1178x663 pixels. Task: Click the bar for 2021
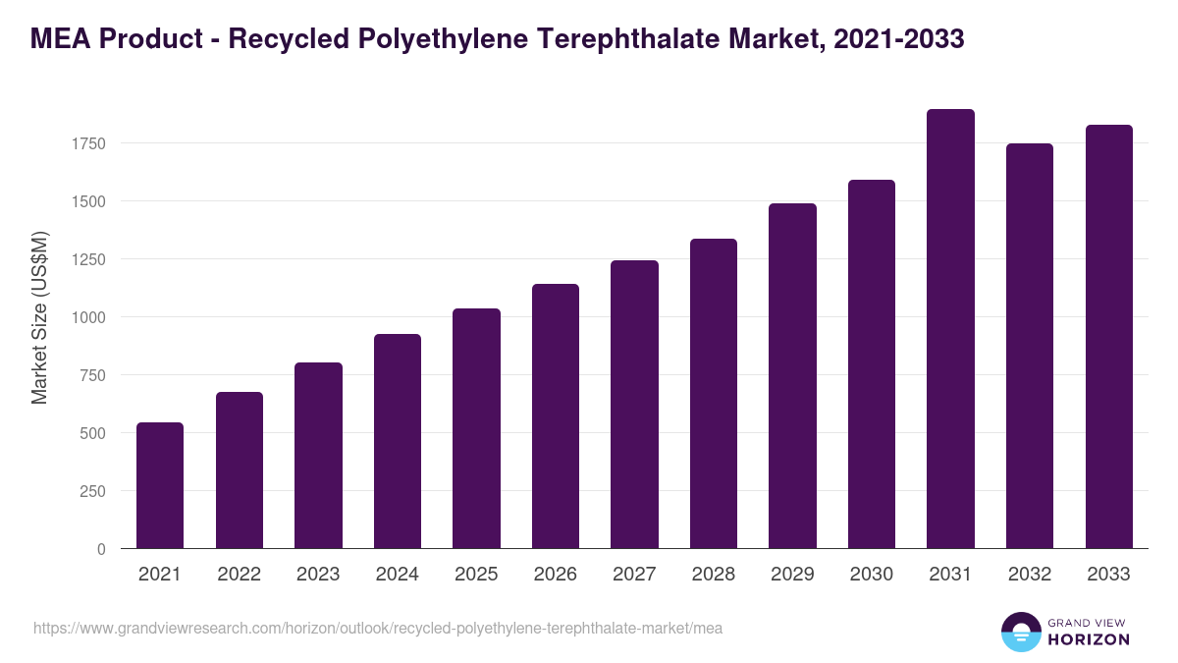(160, 485)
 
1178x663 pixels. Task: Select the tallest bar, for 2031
(950, 329)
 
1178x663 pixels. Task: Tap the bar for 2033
(1108, 337)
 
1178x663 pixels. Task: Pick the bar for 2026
(556, 416)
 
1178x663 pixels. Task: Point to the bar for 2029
(792, 376)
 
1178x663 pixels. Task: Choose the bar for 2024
(398, 441)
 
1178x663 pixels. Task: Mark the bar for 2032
(1030, 346)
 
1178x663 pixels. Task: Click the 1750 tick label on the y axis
(87, 143)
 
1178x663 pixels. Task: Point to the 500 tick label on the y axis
(91, 433)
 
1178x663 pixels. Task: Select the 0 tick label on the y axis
(101, 549)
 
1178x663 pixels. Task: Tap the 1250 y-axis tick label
(87, 259)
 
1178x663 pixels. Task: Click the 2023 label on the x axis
(318, 575)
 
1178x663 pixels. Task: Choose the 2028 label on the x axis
(714, 575)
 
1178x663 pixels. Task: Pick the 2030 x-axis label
(872, 575)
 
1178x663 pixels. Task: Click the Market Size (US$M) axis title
(40, 317)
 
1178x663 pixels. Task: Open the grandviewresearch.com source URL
(378, 628)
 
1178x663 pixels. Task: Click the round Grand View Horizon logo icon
(1021, 632)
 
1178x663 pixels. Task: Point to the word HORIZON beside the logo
(1088, 639)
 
